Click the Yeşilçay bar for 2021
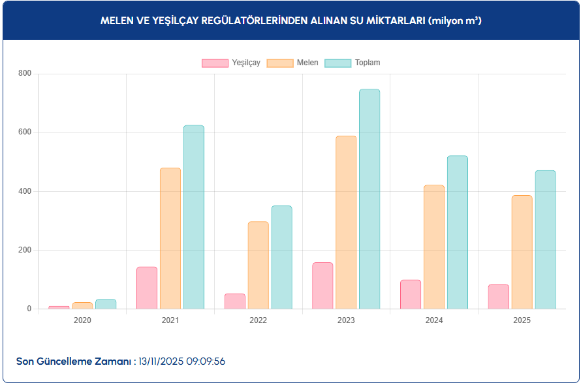pyautogui.click(x=147, y=288)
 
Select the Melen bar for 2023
pyautogui.click(x=346, y=223)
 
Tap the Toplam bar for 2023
pyautogui.click(x=369, y=199)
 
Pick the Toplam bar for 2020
pyautogui.click(x=106, y=304)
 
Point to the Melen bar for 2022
pyautogui.click(x=258, y=265)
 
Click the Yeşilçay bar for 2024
pyautogui.click(x=411, y=294)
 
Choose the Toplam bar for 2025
pyautogui.click(x=545, y=239)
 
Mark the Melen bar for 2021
pyautogui.click(x=170, y=238)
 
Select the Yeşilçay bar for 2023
pyautogui.click(x=322, y=286)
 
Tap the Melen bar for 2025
pyautogui.click(x=522, y=252)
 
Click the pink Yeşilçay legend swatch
pyautogui.click(x=215, y=63)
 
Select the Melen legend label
pyautogui.click(x=307, y=63)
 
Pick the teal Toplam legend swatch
pyautogui.click(x=338, y=63)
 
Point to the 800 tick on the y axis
pyautogui.click(x=25, y=74)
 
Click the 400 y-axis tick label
pyautogui.click(x=25, y=191)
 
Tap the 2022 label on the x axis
pyautogui.click(x=258, y=320)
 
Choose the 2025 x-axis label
pyautogui.click(x=522, y=320)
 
